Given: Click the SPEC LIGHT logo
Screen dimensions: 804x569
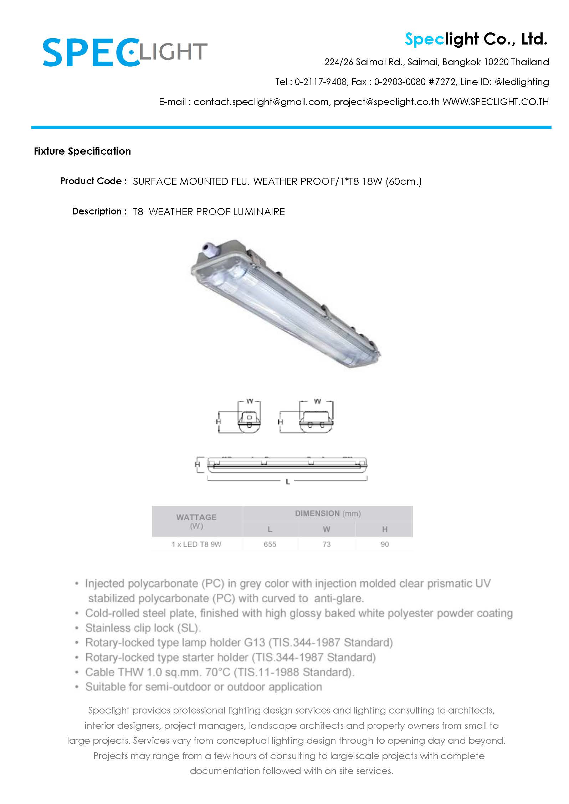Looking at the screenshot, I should point(125,53).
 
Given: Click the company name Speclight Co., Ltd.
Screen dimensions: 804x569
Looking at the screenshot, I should point(476,39).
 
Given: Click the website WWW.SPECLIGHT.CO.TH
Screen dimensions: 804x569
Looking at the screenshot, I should point(496,102).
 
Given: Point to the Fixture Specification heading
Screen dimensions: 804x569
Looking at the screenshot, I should point(82,151).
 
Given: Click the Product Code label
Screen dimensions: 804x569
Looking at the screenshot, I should point(93,181).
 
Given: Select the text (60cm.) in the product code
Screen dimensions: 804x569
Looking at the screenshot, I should point(404,182).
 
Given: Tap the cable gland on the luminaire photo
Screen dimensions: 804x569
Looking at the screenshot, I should point(207,247).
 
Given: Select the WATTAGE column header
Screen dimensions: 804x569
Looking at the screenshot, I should point(196,517).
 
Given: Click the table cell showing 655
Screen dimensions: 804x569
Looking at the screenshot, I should point(270,544).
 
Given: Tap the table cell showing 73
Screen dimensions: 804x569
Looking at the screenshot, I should point(327,544).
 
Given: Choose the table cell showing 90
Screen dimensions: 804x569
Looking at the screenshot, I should point(385,544).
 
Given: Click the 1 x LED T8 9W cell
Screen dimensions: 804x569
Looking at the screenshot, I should point(196,544).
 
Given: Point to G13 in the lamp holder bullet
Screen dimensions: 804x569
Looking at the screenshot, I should point(255,643).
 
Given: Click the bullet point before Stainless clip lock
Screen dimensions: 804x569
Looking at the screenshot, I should point(77,628).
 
